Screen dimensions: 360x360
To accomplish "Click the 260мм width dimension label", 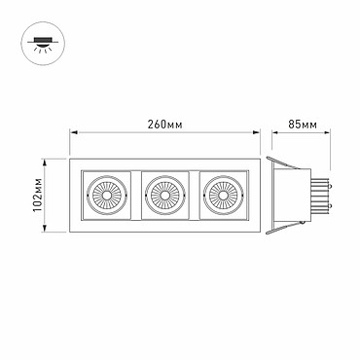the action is [164, 125].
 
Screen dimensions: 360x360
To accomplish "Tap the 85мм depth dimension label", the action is [303, 125].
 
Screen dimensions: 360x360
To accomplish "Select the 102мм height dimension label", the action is [38, 196].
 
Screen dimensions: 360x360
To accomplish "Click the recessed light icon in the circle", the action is [43, 44].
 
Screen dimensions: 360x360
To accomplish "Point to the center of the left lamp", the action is [107, 196].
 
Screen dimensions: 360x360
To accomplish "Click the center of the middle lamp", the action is [164, 196].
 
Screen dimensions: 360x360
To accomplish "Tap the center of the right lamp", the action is [223, 196].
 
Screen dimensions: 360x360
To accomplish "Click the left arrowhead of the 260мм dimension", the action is [74, 132].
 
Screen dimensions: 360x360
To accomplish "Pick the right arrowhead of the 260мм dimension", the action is [257, 132].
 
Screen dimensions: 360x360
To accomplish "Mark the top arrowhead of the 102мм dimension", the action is [45, 162].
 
